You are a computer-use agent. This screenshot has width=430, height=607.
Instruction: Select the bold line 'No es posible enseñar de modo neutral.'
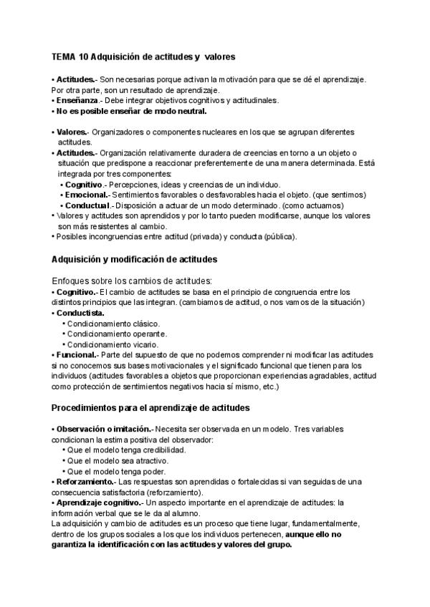tap(131, 112)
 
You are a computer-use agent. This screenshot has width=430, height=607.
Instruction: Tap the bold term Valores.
tap(72, 132)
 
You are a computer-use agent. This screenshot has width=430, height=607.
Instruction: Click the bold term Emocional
tap(87, 195)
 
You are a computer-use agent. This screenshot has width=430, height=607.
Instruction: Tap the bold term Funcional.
tap(77, 355)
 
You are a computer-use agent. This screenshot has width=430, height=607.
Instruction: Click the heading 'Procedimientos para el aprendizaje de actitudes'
tap(150, 408)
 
